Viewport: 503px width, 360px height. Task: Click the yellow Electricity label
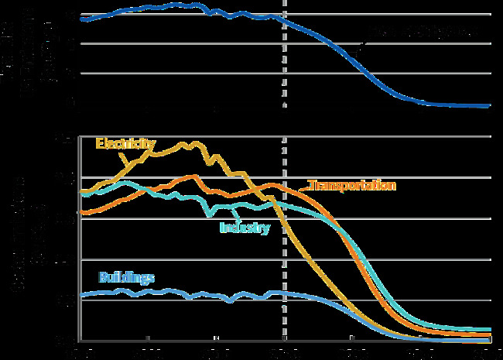(x=125, y=143)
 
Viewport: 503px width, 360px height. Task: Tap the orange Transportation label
(x=352, y=186)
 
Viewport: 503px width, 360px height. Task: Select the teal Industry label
(x=244, y=228)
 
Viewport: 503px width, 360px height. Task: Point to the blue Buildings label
(x=127, y=277)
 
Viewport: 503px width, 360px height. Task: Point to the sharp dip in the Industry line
(x=207, y=214)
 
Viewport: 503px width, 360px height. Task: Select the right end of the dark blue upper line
(x=489, y=106)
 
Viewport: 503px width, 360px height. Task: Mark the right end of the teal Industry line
(x=490, y=330)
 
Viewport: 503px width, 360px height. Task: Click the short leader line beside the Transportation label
(x=303, y=186)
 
